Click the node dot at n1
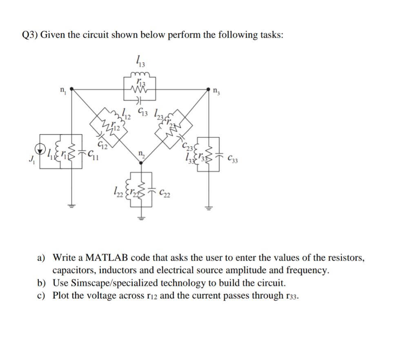[72, 88]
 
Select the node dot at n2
[141, 163]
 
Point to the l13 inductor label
[140, 62]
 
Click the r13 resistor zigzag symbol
[140, 90]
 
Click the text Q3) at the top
[29, 35]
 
